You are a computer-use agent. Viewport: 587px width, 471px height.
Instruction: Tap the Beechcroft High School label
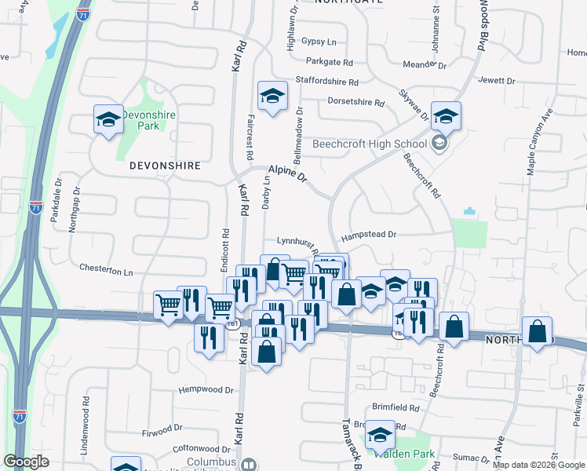pos(369,144)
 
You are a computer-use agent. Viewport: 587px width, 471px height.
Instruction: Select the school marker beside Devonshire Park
pos(108,119)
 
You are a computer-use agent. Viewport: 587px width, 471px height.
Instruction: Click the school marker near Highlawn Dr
pos(272,96)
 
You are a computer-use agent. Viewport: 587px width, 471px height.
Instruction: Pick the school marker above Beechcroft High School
pos(446,117)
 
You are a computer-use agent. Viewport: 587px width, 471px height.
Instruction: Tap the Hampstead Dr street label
pos(369,235)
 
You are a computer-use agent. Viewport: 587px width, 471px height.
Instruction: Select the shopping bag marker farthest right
pos(537,330)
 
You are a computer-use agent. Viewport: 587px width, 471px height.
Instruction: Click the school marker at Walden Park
pos(381,436)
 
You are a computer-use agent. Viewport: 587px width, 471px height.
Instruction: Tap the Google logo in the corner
pos(26,462)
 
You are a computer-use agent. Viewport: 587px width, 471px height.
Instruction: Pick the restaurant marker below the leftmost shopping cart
pos(207,338)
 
